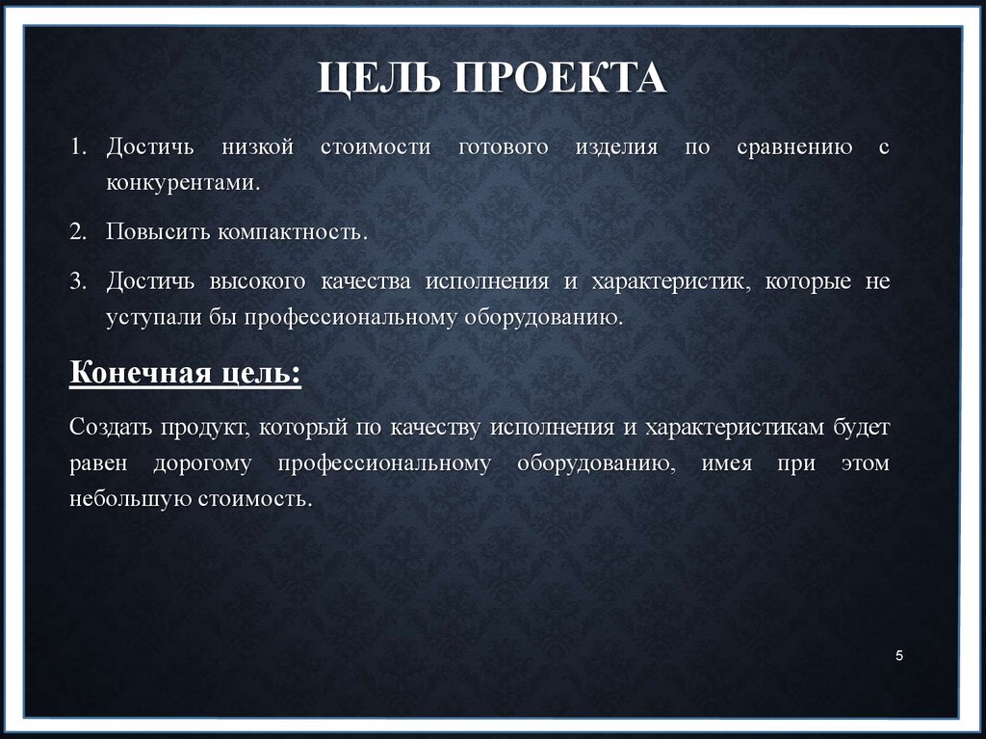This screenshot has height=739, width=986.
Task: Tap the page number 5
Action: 898,656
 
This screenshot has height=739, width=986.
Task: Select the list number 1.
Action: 77,148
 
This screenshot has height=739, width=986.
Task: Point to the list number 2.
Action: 77,232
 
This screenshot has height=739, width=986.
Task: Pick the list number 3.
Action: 77,281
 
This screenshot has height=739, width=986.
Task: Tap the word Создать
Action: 110,426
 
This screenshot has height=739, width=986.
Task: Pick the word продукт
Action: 207,426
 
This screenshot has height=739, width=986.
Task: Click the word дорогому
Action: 201,463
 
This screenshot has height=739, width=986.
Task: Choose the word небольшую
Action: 129,499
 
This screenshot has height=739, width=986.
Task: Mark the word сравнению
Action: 793,148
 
